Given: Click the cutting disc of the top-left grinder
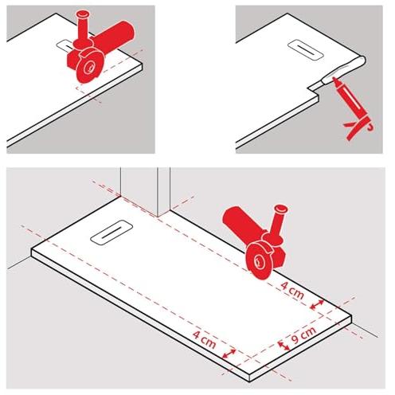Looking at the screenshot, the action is pos(89,66).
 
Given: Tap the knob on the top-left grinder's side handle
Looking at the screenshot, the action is pos(83,14).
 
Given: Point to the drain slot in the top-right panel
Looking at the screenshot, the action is pos(306,49).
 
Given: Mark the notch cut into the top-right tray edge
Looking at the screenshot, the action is pos(315,88).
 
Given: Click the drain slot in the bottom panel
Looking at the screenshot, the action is pos(111,232).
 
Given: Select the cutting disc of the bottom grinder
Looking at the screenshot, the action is pos(259,261).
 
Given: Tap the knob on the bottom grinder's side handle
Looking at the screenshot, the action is pos(281,209).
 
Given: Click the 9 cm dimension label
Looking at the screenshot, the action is pos(303,335).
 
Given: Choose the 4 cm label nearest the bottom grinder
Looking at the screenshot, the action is pos(292,290).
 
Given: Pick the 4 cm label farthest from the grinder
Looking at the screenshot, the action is pos(204,338).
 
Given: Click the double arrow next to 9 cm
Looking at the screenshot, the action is pos(284,346).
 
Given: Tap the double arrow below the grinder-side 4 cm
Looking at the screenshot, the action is pos(317,304).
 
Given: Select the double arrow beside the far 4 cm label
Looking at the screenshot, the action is pos(229,354).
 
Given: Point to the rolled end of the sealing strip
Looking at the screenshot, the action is pos(359,61).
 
